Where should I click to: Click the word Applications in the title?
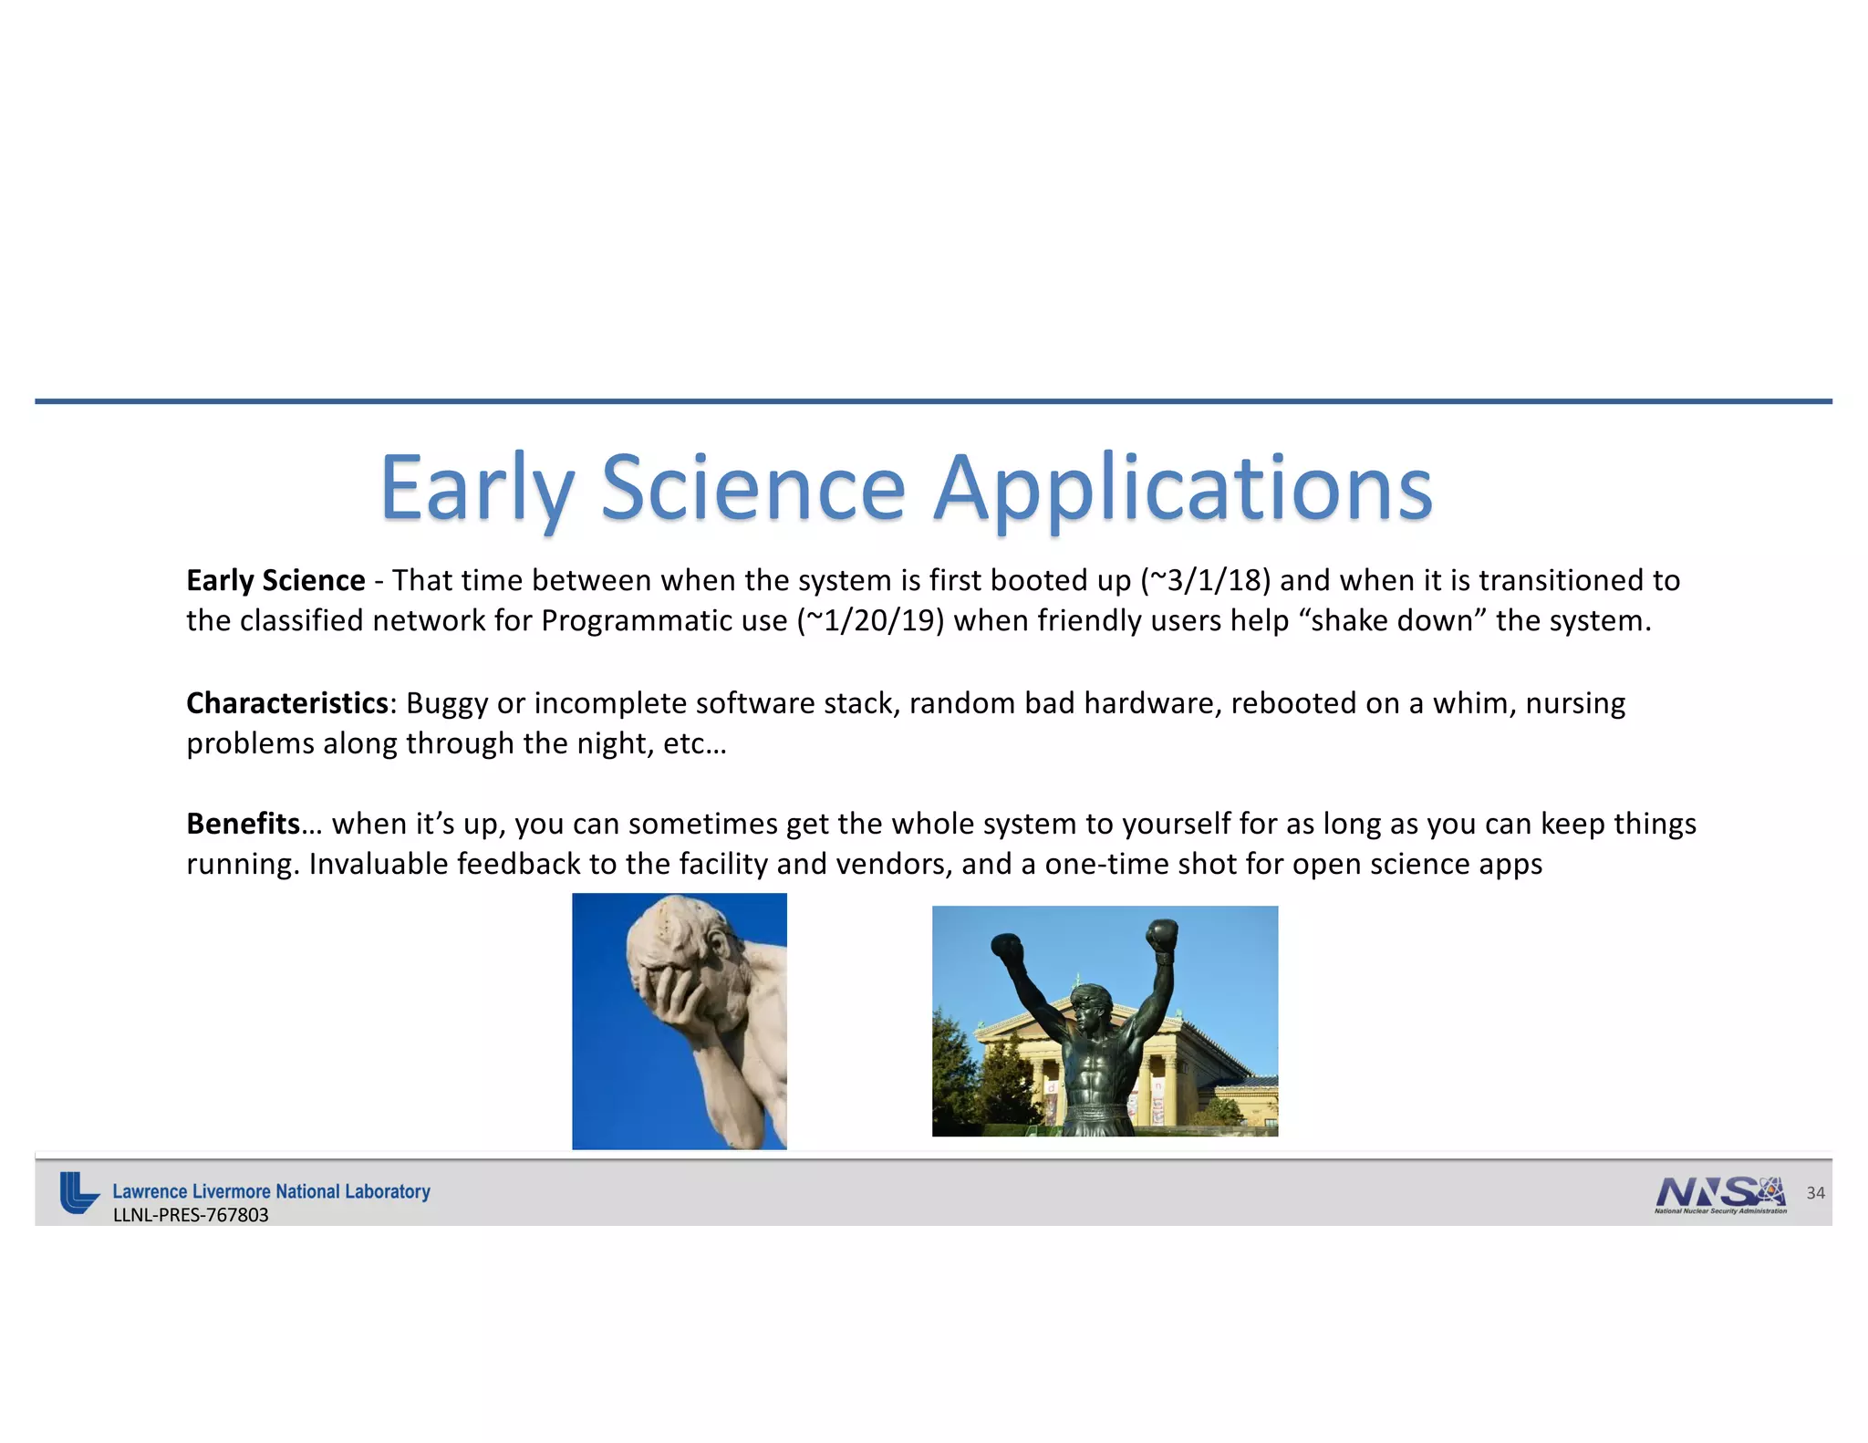[1184, 489]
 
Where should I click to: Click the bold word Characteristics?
[287, 703]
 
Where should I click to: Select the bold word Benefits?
[243, 824]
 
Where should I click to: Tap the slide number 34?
[1815, 1193]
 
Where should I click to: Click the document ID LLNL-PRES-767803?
[191, 1215]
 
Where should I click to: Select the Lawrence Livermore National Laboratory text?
[271, 1191]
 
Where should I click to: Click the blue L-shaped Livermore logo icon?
[78, 1192]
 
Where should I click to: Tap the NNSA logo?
[1720, 1194]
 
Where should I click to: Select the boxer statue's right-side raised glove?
[1162, 937]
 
